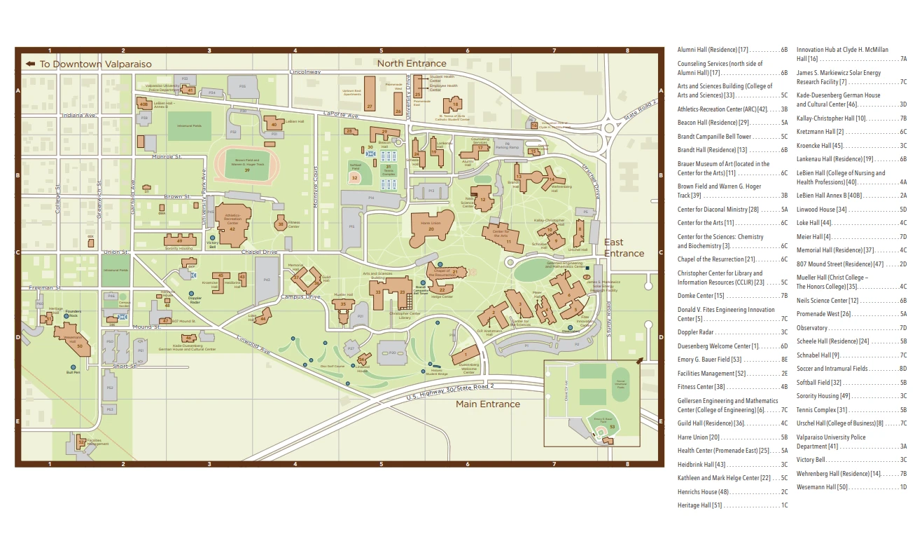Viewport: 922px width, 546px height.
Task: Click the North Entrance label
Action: click(x=411, y=64)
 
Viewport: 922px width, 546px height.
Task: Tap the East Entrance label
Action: click(x=623, y=248)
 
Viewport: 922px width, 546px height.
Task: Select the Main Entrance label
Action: click(x=488, y=404)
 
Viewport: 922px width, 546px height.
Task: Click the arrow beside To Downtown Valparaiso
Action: click(x=30, y=64)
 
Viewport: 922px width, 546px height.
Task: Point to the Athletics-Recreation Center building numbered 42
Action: click(x=232, y=224)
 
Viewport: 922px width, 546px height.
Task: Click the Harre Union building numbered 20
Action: click(x=431, y=228)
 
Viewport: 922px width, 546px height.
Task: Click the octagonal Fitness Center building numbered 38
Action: click(x=281, y=224)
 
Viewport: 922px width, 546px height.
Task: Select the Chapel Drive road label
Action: click(x=259, y=252)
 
